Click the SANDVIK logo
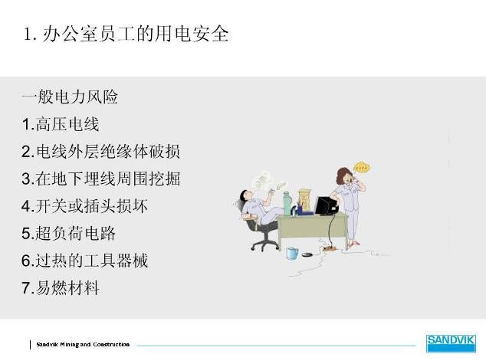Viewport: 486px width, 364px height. click(x=451, y=343)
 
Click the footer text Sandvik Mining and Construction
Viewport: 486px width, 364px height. click(x=83, y=345)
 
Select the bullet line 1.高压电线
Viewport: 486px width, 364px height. click(x=61, y=124)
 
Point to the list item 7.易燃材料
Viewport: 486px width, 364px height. click(x=61, y=287)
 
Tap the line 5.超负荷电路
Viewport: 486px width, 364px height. click(x=68, y=233)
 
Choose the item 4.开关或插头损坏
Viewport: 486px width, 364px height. click(x=84, y=205)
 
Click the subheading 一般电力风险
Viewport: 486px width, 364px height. click(x=70, y=97)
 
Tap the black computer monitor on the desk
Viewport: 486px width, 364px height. click(x=326, y=205)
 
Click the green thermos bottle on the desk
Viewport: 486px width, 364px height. click(x=287, y=204)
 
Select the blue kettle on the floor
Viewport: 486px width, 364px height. click(x=292, y=253)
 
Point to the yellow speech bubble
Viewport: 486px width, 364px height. click(x=362, y=168)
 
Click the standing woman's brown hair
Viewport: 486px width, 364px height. click(x=343, y=175)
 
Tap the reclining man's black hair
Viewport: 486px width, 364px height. click(x=244, y=195)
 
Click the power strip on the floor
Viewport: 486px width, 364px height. click(x=329, y=248)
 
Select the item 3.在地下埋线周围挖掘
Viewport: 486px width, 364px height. click(x=101, y=179)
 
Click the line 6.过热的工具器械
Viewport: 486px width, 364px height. click(x=84, y=261)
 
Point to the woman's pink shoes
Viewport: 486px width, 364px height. click(x=353, y=244)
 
